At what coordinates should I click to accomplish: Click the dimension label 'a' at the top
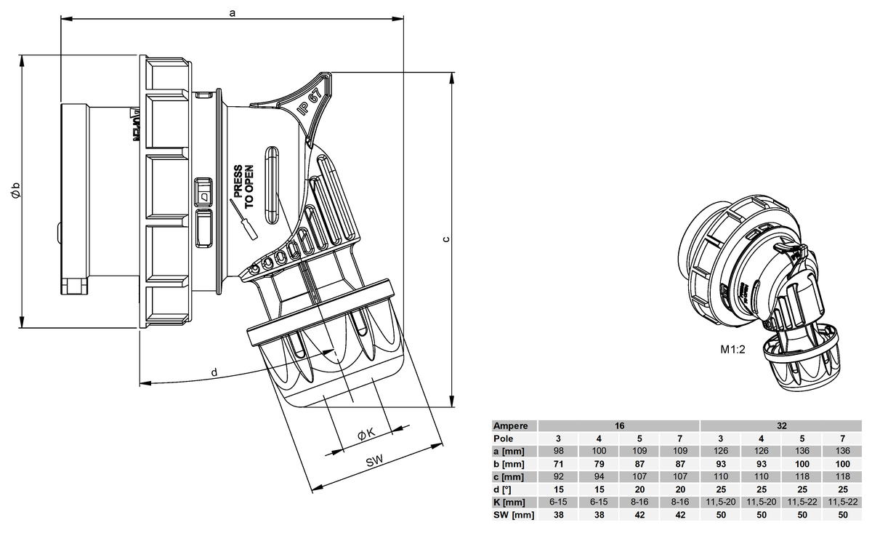point(233,13)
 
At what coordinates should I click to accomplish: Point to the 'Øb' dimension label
point(15,190)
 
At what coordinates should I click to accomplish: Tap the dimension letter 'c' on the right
point(446,239)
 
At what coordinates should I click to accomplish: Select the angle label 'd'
point(214,372)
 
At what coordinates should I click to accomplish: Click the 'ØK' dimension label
point(366,434)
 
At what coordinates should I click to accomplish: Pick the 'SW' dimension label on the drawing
point(374,461)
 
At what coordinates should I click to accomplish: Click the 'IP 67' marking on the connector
point(310,102)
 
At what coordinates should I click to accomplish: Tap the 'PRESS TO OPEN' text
point(243,186)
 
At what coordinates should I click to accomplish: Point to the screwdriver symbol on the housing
point(244,220)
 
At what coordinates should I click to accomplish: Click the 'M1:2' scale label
point(732,350)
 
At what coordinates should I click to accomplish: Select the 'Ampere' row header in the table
point(511,426)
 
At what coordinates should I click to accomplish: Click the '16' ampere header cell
point(619,426)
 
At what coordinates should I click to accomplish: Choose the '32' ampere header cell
point(782,426)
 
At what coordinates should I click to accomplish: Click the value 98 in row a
point(558,451)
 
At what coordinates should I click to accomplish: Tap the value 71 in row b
point(558,464)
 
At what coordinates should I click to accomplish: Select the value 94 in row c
point(599,476)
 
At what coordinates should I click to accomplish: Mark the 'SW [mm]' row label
point(514,515)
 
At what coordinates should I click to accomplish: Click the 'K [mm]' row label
point(509,502)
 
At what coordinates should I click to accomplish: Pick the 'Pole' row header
point(504,438)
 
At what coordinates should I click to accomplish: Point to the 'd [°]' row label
point(503,490)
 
